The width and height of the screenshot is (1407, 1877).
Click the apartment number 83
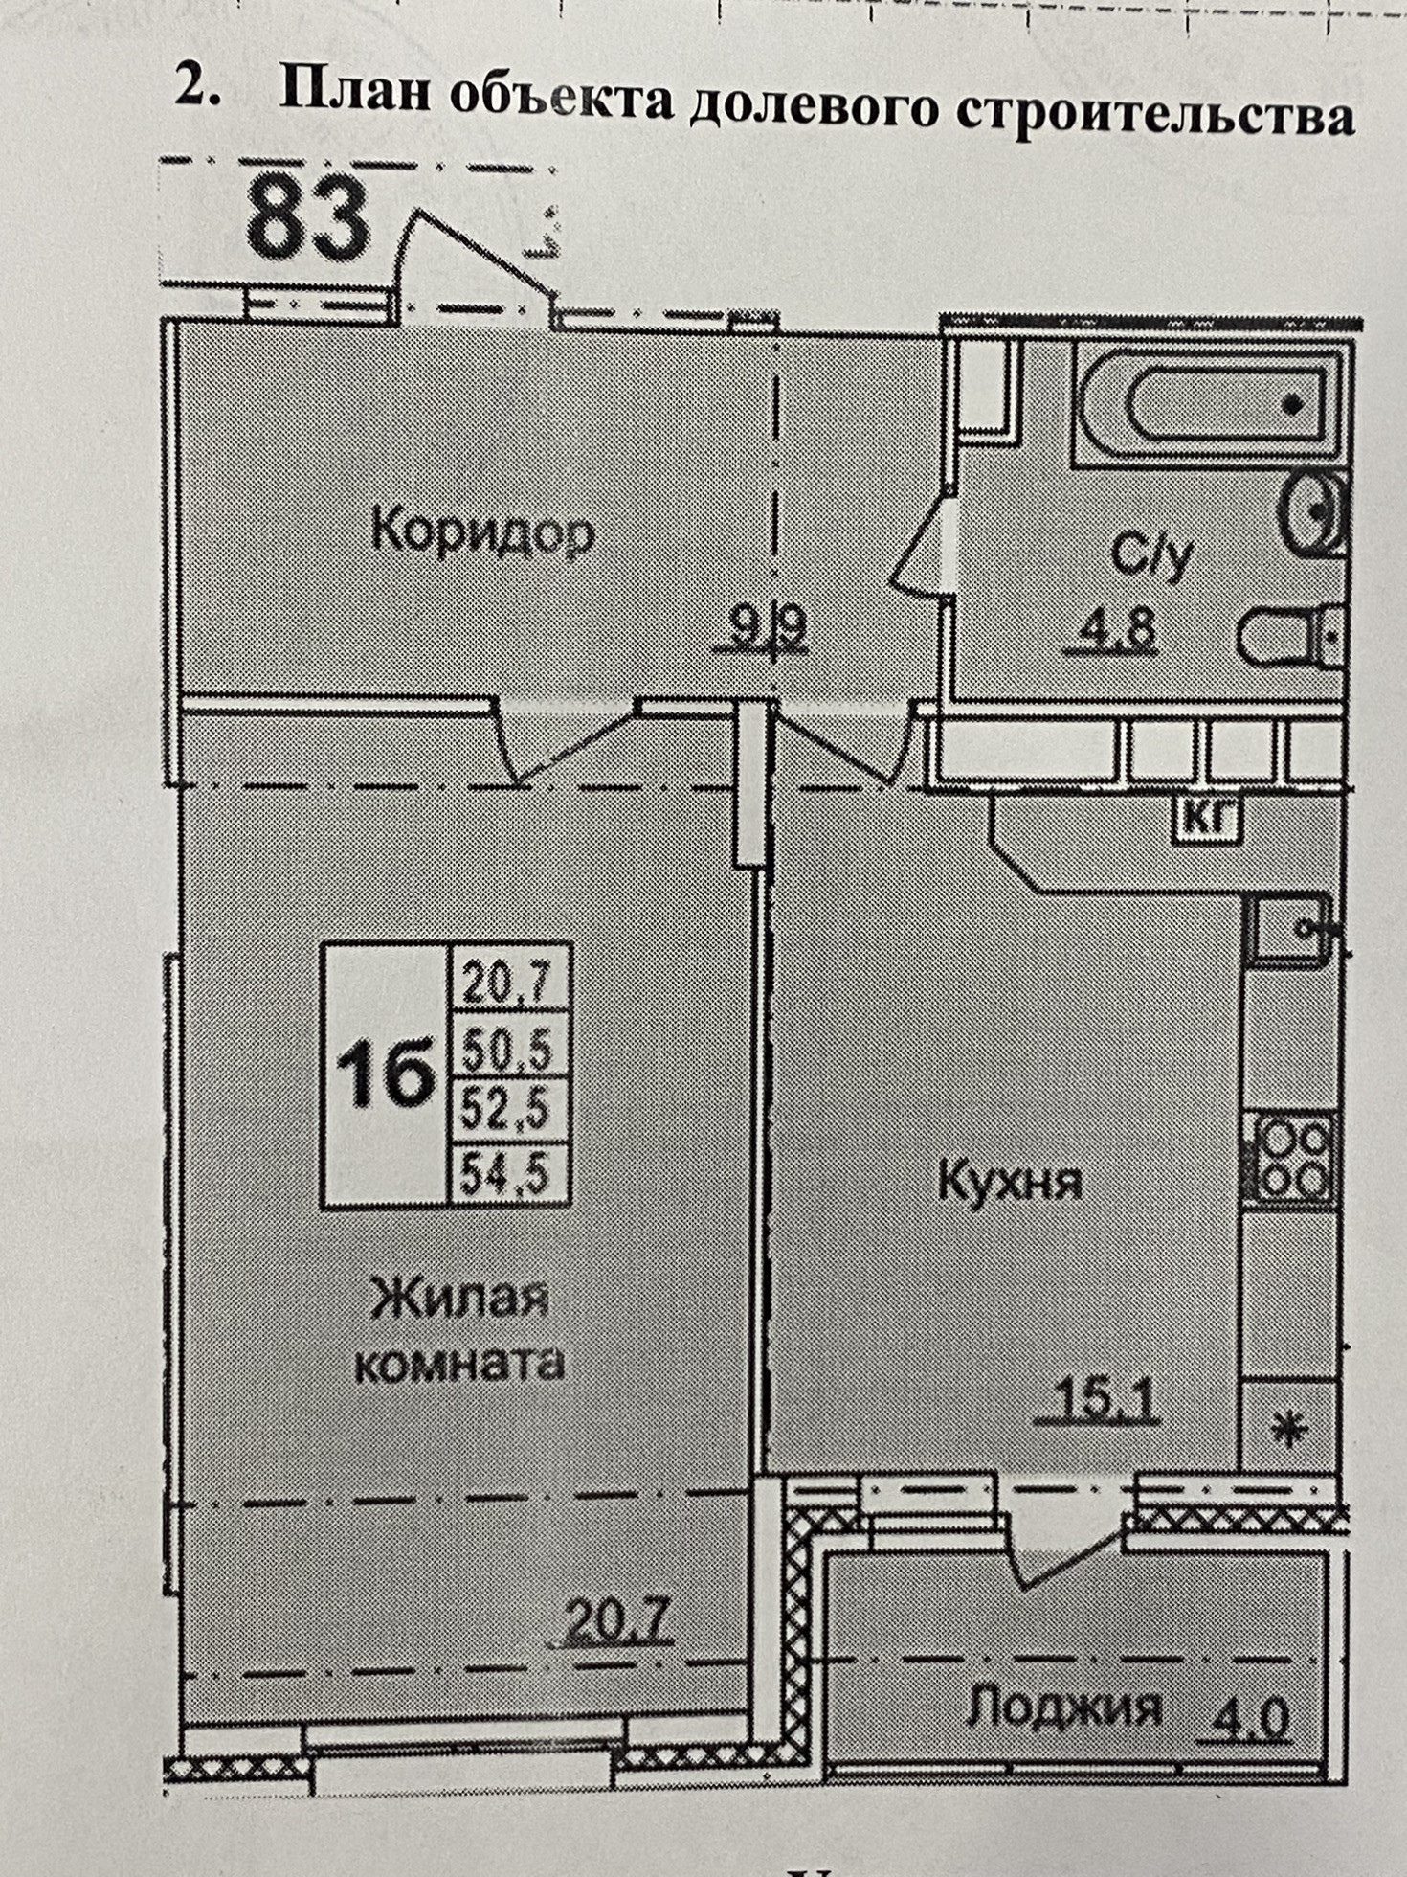click(x=307, y=221)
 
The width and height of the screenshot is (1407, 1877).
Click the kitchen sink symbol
click(x=1288, y=925)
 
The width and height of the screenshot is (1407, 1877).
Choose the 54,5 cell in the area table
click(x=508, y=1174)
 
